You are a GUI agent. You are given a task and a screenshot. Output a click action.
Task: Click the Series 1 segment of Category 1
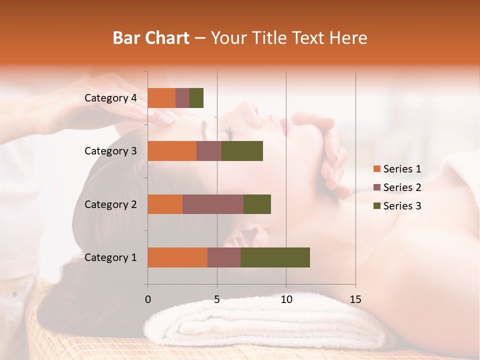(177, 257)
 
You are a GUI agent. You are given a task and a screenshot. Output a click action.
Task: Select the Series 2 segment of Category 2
(213, 204)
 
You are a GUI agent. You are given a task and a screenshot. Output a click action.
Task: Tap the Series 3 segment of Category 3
(242, 151)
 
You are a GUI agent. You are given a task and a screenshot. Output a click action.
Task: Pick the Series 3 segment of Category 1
(275, 257)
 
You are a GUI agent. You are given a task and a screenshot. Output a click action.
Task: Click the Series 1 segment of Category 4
(161, 98)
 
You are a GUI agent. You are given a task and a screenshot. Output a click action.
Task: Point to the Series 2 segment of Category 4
(182, 98)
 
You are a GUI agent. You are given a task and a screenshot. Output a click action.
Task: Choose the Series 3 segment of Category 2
(257, 204)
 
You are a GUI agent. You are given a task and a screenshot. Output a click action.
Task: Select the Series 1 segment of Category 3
(172, 151)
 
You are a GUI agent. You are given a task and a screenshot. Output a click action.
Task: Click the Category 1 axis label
(110, 257)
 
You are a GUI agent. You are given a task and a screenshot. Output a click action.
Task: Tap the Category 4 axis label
(110, 98)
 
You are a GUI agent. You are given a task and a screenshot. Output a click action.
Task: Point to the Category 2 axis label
(110, 204)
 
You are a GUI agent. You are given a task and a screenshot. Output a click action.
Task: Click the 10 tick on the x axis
(286, 299)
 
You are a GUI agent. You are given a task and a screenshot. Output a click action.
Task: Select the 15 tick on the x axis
(355, 299)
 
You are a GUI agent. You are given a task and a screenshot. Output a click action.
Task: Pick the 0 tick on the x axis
(147, 299)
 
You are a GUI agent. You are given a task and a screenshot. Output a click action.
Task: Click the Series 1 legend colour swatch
(376, 169)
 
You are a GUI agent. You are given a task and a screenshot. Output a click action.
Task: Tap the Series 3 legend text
(402, 206)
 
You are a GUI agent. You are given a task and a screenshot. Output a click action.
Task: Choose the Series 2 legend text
(402, 187)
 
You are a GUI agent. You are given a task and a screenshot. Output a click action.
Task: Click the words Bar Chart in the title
(151, 38)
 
